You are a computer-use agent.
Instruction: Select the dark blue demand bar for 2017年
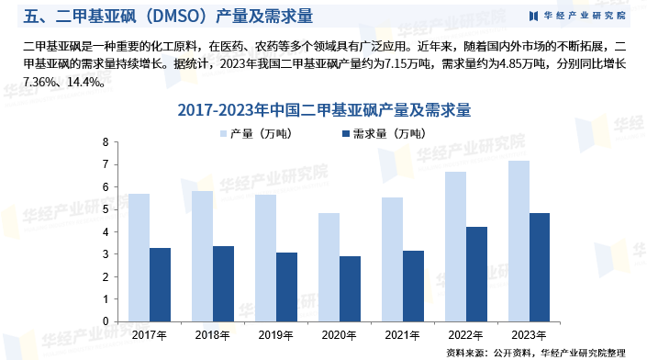pyautogui.click(x=160, y=285)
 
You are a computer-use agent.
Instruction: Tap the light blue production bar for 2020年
pyautogui.click(x=329, y=267)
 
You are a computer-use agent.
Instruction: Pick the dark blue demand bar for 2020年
pyautogui.click(x=350, y=288)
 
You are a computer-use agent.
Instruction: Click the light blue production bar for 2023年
pyautogui.click(x=519, y=241)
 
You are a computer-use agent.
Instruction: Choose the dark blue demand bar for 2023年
pyautogui.click(x=540, y=267)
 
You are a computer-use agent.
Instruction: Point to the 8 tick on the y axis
pyautogui.click(x=106, y=142)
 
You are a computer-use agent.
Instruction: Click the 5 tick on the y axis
pyautogui.click(x=106, y=209)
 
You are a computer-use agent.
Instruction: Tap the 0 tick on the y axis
pyautogui.click(x=106, y=321)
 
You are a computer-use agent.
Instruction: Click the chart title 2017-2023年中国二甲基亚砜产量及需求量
pyautogui.click(x=324, y=110)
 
